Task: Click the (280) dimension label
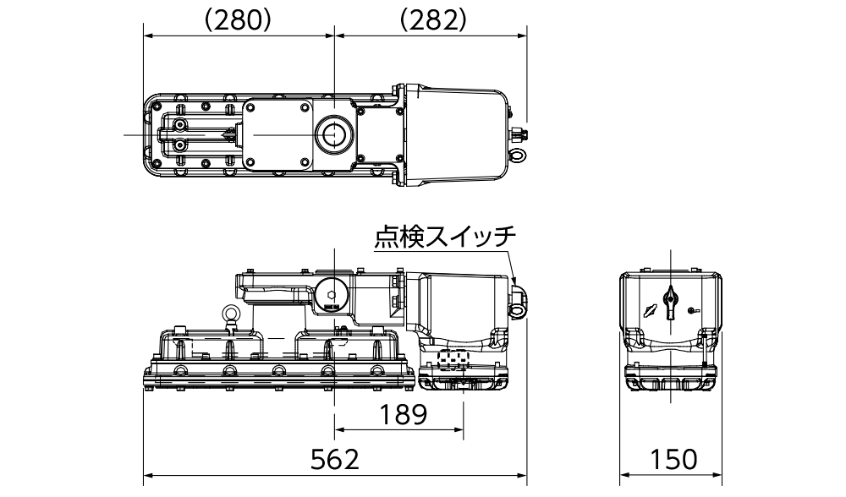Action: click(238, 20)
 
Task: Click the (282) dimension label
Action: click(431, 20)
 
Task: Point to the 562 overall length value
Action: click(335, 461)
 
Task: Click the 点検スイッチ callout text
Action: click(445, 238)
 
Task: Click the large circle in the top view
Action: click(332, 135)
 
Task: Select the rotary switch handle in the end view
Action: click(671, 299)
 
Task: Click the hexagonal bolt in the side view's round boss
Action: click(332, 296)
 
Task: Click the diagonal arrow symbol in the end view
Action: click(648, 309)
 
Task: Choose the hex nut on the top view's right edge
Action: click(515, 134)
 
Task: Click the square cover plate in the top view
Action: click(277, 135)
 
